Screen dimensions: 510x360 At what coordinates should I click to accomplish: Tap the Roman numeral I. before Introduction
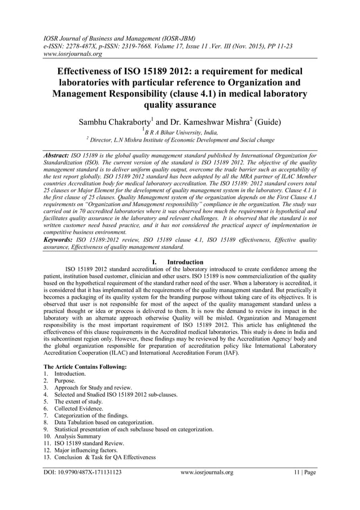click(x=156, y=262)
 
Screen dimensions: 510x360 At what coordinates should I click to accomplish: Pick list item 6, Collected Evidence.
click(x=78, y=408)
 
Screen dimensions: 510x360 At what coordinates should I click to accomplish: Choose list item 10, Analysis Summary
click(x=77, y=436)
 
